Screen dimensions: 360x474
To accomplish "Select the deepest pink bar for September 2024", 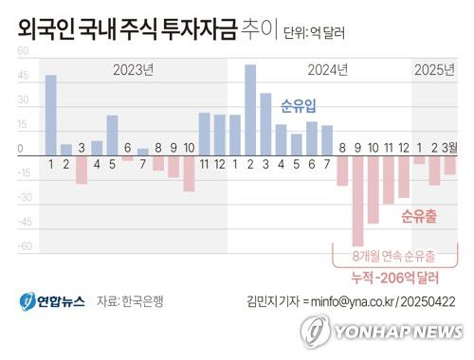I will tap(357, 200).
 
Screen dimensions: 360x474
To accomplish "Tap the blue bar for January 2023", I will tap(50, 115).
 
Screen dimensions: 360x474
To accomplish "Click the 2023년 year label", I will tap(133, 69).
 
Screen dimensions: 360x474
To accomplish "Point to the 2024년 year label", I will tap(328, 69).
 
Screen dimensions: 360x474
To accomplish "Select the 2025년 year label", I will tap(435, 69).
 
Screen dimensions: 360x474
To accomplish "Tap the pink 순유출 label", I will tap(418, 216).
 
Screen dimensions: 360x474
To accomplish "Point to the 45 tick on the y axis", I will tap(23, 77).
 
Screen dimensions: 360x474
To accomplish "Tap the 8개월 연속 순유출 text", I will tap(396, 256).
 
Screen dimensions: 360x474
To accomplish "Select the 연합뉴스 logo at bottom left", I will tap(52, 301).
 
